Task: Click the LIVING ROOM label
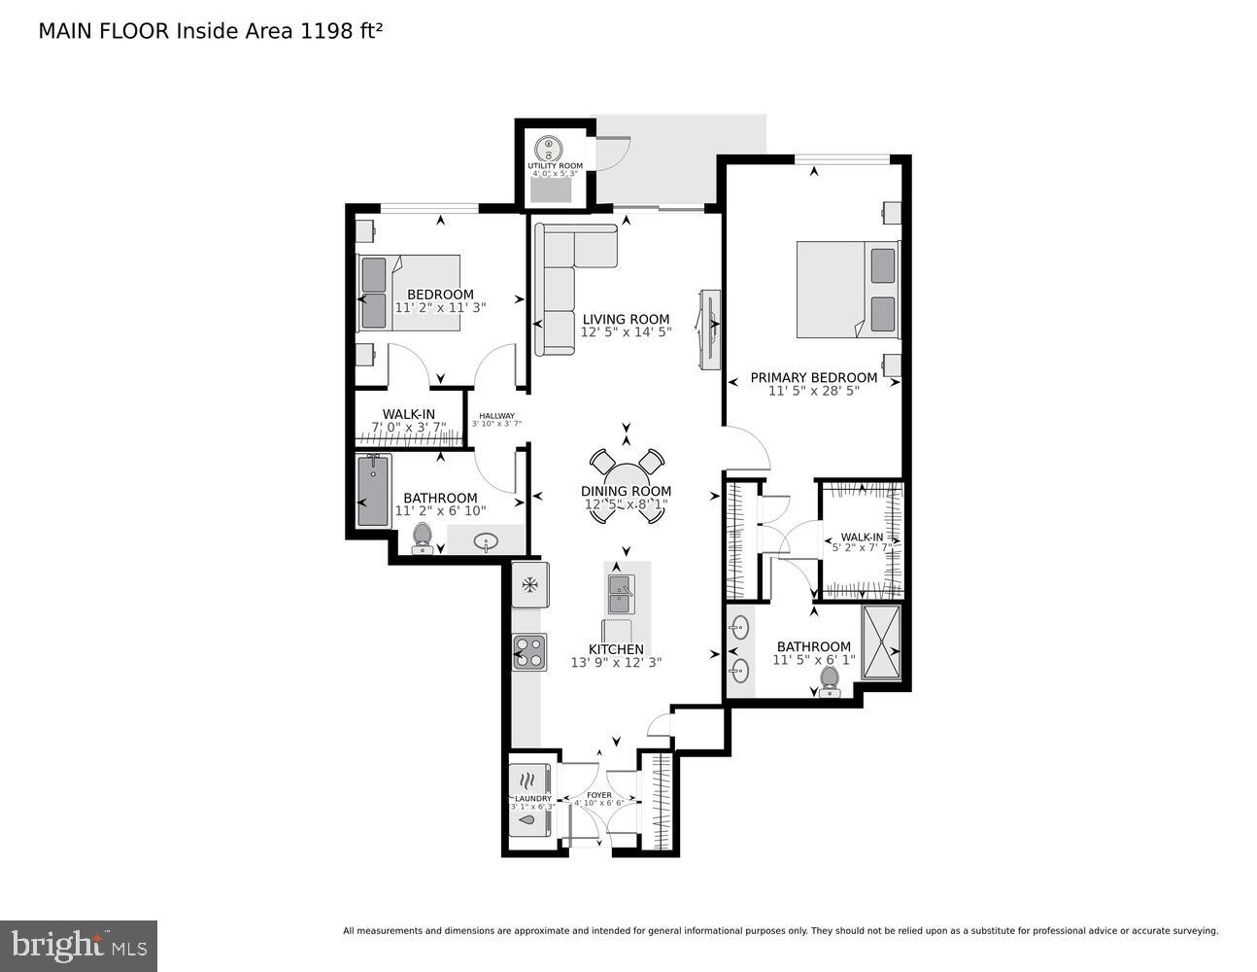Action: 626,319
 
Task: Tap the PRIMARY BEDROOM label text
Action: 813,377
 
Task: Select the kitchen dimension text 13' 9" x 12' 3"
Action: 617,663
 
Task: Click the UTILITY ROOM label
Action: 555,166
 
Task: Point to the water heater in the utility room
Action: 549,148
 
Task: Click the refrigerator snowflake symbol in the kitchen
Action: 530,585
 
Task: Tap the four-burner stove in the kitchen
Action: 530,651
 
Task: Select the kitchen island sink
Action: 620,586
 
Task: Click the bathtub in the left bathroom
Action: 373,492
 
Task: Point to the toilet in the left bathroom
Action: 423,537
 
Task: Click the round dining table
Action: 627,486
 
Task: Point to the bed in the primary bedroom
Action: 847,290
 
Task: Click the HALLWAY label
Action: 496,416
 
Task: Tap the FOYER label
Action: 598,795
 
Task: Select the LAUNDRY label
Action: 532,799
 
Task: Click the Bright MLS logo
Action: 78,945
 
